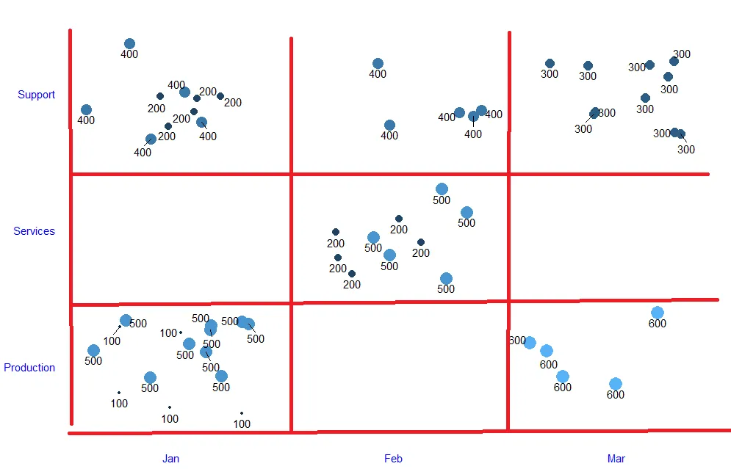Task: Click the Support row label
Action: (x=37, y=95)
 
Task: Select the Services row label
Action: (x=34, y=231)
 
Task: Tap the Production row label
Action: (x=29, y=368)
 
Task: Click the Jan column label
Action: (x=170, y=459)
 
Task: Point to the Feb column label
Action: (x=393, y=459)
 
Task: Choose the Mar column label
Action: (x=616, y=459)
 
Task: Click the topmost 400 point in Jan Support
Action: (x=129, y=44)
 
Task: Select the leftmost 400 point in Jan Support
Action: (x=86, y=110)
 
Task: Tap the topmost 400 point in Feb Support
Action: (x=378, y=64)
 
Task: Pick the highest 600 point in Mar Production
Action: (x=657, y=313)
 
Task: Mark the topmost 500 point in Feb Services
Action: (x=442, y=189)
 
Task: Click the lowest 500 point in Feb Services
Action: (x=446, y=278)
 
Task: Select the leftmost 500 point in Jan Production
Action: (x=93, y=351)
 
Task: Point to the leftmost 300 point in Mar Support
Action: (x=550, y=64)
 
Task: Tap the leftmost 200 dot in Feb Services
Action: (x=336, y=232)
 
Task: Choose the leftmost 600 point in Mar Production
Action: (x=530, y=343)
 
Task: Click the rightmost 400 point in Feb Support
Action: (x=481, y=111)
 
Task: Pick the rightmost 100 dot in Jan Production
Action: (x=241, y=413)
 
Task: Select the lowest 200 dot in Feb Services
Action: (x=352, y=274)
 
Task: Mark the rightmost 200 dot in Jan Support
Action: (x=220, y=96)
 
